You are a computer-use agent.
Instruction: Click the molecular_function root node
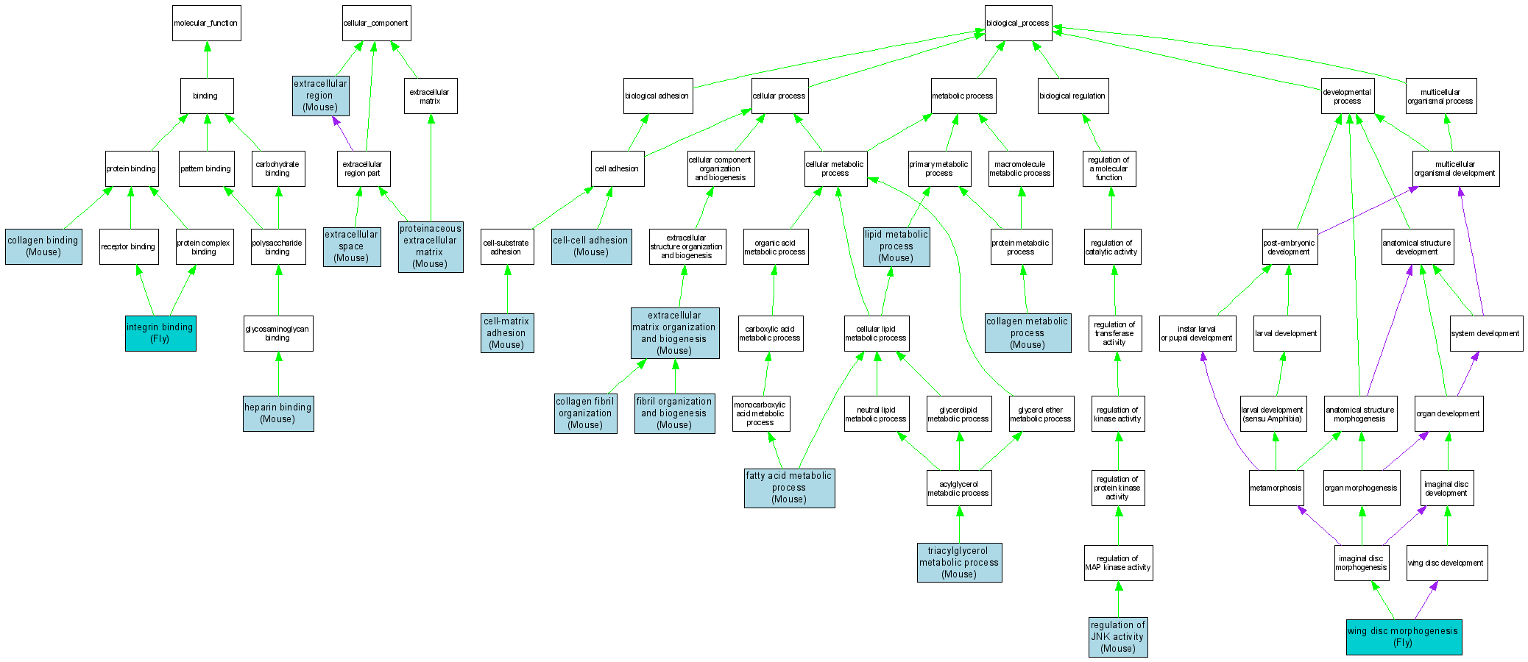click(206, 24)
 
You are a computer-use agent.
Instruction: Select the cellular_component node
click(376, 24)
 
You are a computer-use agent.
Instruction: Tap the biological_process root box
click(1018, 24)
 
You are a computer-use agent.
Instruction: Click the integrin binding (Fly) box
click(160, 333)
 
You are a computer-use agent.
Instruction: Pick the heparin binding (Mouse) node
click(278, 413)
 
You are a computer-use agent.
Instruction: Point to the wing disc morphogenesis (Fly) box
click(1404, 637)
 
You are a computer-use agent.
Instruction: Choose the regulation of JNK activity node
click(1118, 637)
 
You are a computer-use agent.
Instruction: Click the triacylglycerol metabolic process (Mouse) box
click(959, 563)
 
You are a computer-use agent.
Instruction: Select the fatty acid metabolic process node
click(789, 488)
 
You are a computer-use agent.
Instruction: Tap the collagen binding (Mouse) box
click(43, 246)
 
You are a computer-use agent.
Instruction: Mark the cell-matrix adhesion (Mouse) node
click(506, 333)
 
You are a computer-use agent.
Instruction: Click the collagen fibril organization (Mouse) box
click(586, 413)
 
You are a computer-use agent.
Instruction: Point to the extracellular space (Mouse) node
click(352, 246)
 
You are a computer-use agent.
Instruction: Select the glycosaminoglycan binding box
click(278, 334)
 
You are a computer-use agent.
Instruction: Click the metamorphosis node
click(1276, 488)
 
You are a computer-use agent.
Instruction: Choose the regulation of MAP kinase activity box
click(1118, 563)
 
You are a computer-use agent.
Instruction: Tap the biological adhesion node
click(657, 96)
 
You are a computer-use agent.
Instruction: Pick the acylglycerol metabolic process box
click(958, 488)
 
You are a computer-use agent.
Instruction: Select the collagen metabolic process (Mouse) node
click(1027, 333)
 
